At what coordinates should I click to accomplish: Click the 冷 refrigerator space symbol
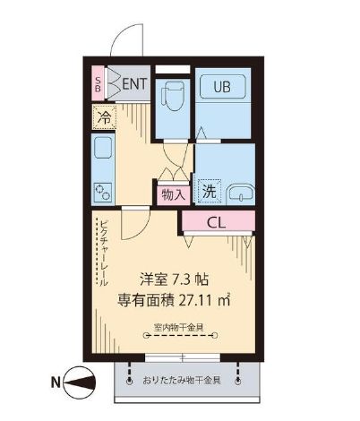[103, 116]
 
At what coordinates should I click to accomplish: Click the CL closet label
[217, 221]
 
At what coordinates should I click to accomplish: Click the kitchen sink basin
[102, 150]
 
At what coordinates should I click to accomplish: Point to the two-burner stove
[102, 190]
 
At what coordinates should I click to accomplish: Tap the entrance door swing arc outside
[124, 40]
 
